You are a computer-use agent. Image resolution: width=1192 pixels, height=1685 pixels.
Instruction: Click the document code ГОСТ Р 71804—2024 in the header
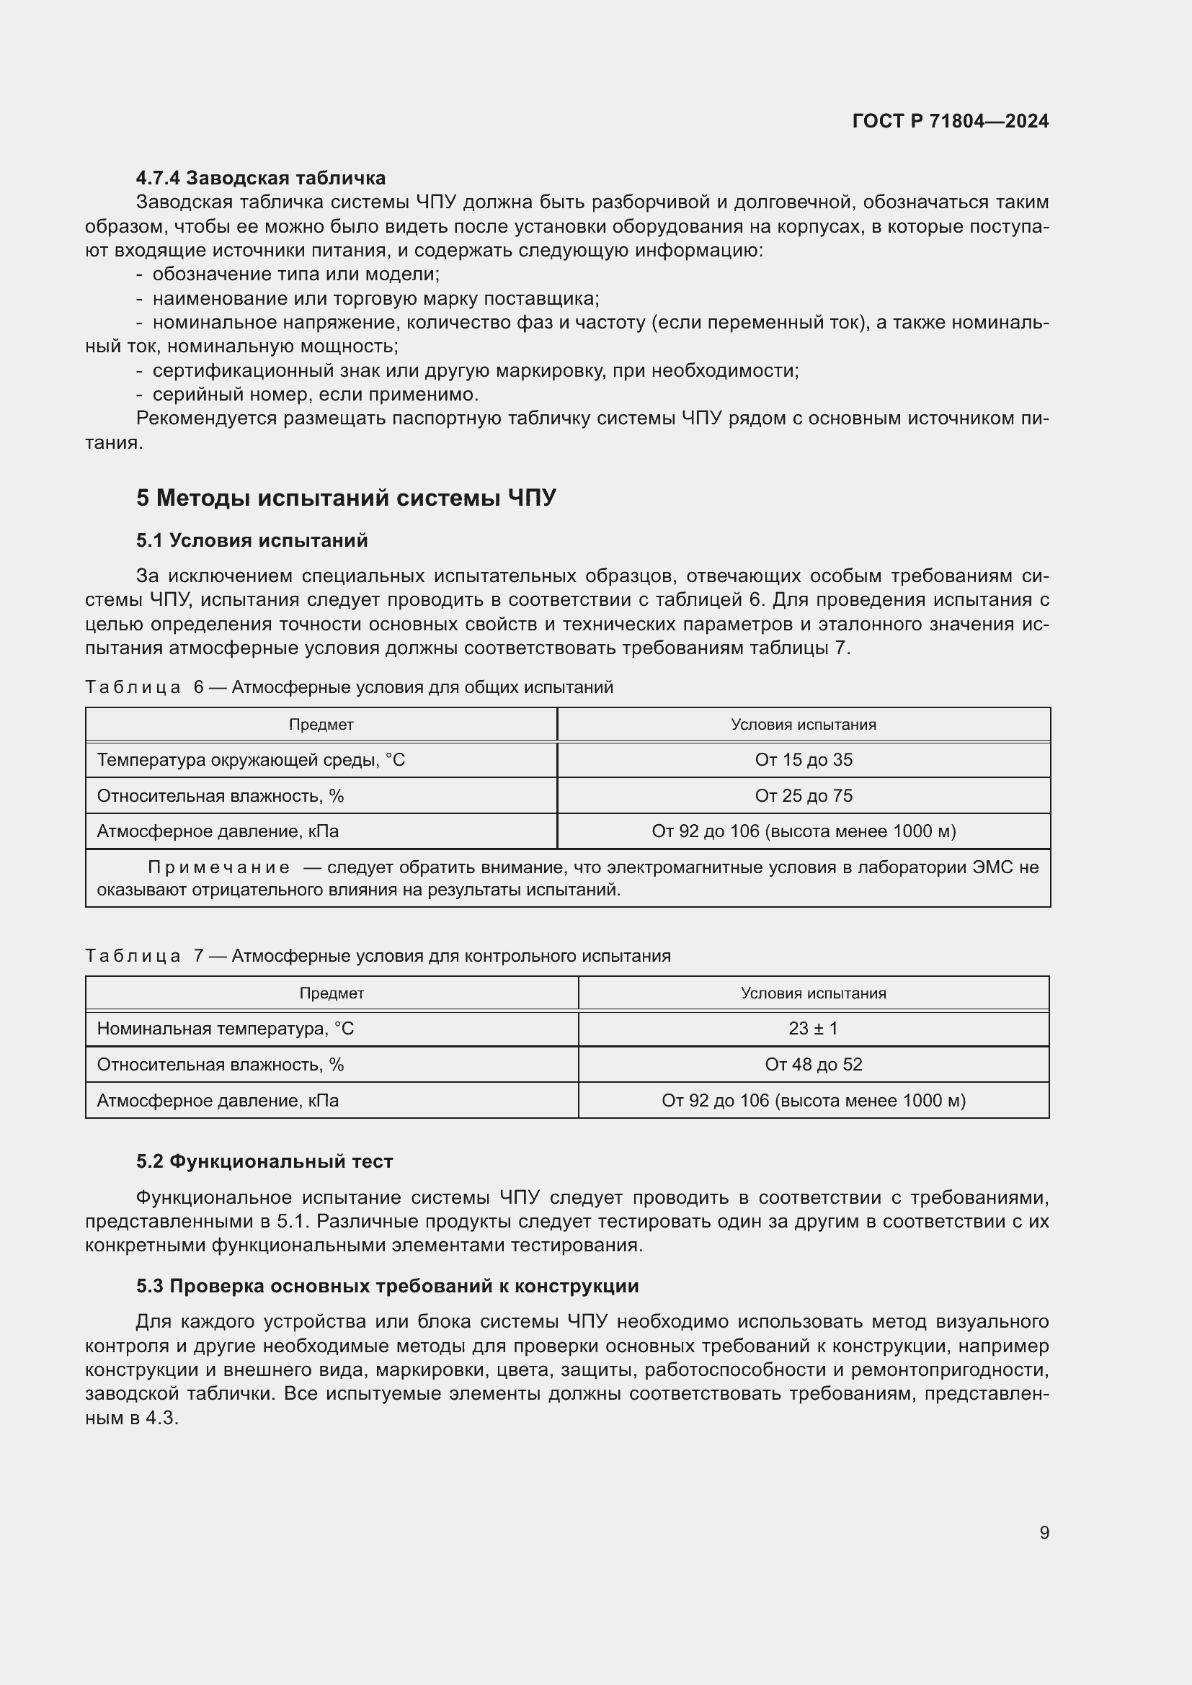950,121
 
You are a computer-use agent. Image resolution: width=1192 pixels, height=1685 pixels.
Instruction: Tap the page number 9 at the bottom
1044,1532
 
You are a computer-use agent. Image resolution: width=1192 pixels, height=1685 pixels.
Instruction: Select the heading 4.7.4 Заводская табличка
261,179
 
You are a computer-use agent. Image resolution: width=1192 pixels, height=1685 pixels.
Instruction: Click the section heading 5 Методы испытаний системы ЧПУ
346,498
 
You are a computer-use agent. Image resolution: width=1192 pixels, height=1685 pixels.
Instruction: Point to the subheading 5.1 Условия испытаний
252,541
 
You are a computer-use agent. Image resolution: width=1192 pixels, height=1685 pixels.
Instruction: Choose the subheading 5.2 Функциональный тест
264,1162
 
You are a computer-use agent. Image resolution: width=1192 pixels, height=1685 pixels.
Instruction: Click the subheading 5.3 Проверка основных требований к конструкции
388,1286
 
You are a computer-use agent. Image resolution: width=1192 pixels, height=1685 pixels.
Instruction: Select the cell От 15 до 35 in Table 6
803,760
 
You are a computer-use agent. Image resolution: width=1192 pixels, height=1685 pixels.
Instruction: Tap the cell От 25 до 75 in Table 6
803,796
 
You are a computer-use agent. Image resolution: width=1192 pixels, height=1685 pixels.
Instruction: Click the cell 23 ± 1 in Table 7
812,1029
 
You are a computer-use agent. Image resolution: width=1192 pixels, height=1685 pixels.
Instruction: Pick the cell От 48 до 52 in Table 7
812,1065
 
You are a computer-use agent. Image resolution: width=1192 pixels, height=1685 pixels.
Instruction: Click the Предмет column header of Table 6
321,725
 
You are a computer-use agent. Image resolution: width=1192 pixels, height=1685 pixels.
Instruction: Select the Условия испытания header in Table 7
812,993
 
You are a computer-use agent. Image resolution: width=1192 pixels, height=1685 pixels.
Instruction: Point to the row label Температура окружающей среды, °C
251,760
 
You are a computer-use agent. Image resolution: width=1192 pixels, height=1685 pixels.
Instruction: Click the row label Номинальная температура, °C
226,1029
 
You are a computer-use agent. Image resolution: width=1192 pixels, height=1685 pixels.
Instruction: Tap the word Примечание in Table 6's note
219,868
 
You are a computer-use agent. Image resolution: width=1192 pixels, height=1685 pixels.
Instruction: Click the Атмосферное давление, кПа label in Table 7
218,1101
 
